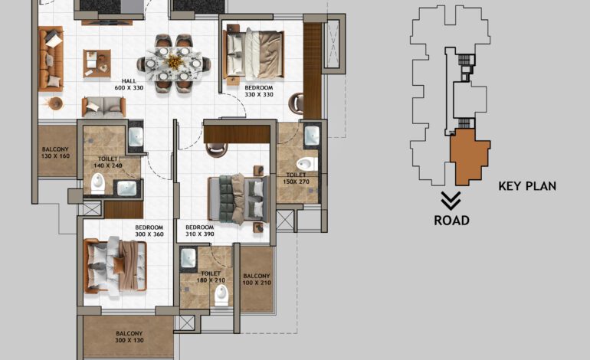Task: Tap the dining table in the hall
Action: coord(175,62)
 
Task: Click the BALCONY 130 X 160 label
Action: coord(55,152)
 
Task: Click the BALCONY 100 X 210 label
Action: coord(256,280)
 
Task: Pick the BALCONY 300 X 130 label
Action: coord(129,337)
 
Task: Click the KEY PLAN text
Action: coord(526,186)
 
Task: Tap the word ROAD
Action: coord(451,221)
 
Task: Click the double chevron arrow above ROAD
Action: coord(451,201)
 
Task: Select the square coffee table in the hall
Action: coord(97,63)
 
